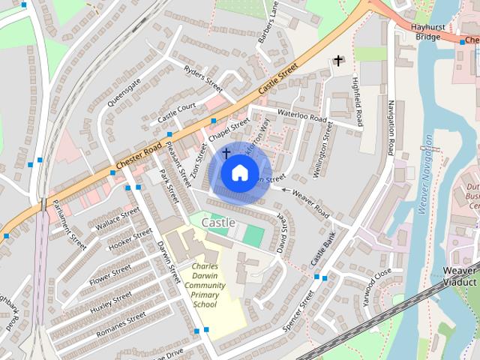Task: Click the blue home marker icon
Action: coord(239,172)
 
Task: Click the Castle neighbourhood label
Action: coord(218,223)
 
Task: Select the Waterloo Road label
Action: coord(302,116)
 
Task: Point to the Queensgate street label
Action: coord(124,92)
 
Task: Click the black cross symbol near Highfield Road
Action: coord(338,60)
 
